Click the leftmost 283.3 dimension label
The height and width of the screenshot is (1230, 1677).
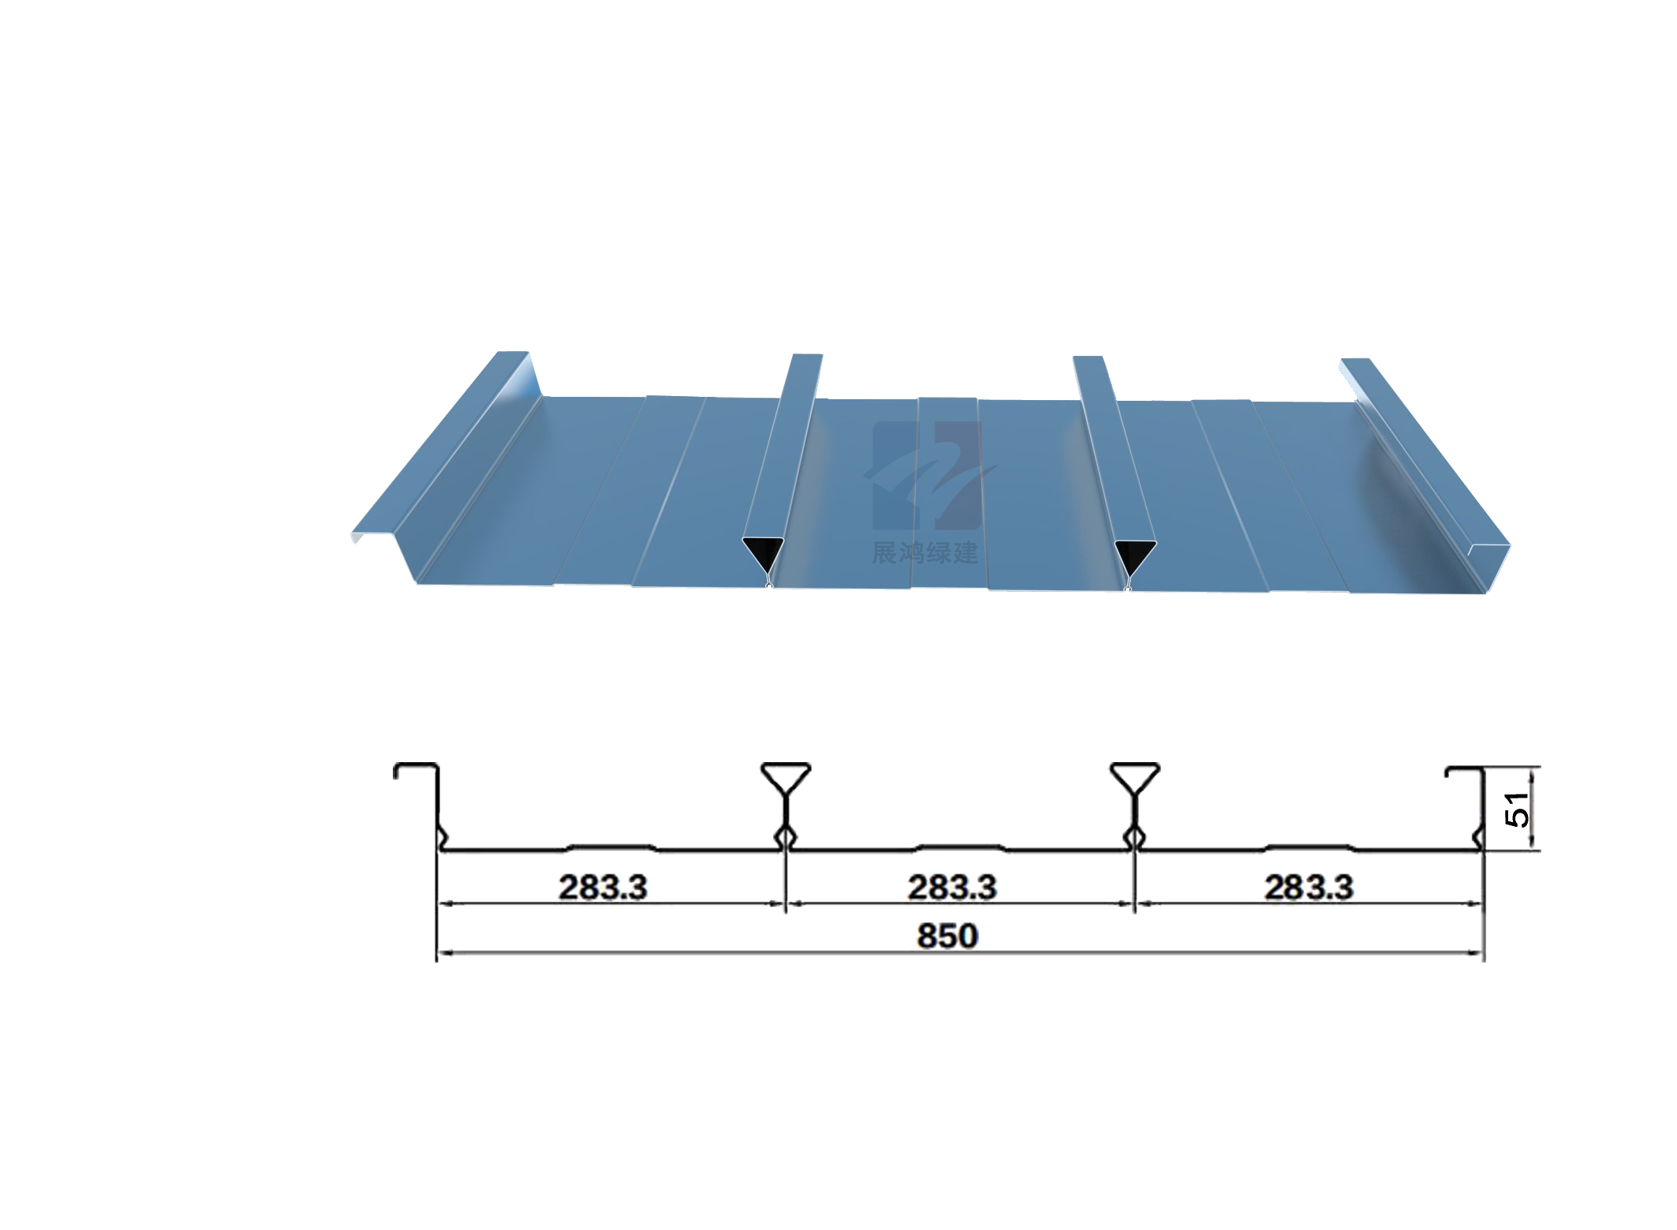click(x=603, y=888)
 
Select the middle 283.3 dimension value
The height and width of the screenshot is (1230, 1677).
click(x=952, y=888)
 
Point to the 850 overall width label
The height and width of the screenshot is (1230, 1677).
click(x=947, y=936)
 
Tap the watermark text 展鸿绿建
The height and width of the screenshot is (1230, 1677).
click(x=925, y=552)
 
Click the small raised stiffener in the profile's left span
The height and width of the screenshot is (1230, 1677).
click(x=611, y=847)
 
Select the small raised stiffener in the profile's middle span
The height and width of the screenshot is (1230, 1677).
click(x=959, y=847)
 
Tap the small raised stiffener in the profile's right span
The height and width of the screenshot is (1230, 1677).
click(x=1309, y=847)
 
